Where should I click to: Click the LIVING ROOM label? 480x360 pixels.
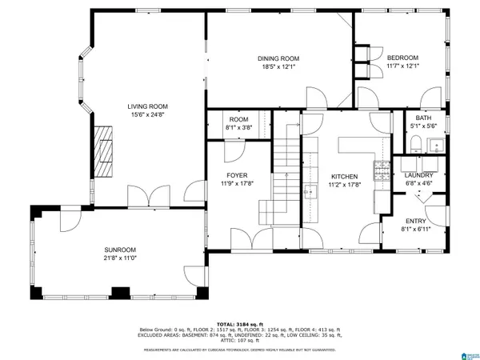148,106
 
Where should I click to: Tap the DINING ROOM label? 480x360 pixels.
278,58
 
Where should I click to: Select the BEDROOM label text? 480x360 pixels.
402,58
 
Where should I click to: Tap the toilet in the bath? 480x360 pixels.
414,144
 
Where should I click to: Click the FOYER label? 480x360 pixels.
237,175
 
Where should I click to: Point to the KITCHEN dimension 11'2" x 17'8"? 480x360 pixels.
344,184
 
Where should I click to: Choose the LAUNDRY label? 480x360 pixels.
418,175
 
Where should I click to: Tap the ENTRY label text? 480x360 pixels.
415,222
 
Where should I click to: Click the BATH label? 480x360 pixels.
422,118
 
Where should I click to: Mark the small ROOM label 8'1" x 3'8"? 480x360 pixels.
239,126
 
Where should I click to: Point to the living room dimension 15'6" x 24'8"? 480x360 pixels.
148,114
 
